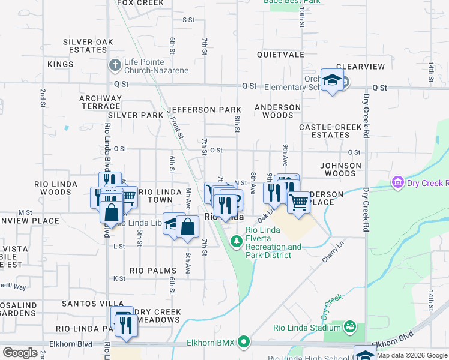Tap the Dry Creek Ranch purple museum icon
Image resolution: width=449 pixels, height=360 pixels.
click(x=397, y=182)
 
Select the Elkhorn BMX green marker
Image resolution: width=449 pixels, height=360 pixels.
click(x=243, y=343)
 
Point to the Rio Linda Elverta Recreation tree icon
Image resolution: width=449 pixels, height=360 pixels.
click(x=237, y=241)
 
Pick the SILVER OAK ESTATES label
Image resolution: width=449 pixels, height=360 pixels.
click(x=88, y=46)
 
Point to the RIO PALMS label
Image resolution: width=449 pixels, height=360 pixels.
click(x=153, y=271)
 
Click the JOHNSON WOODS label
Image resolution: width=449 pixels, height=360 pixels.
click(x=341, y=169)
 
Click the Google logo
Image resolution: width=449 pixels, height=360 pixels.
click(x=20, y=353)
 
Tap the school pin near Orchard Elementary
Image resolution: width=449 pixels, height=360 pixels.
click(x=331, y=80)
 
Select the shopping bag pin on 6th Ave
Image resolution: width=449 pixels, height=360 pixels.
click(x=188, y=226)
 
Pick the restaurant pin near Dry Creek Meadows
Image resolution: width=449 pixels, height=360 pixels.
click(x=125, y=325)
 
